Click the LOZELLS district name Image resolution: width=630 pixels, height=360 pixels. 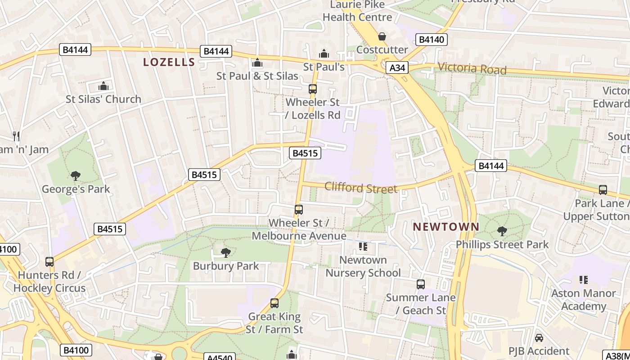coord(169,62)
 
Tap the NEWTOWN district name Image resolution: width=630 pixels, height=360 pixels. coord(446,227)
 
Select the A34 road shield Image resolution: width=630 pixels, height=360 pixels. coord(397,68)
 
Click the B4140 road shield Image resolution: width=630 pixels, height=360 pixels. coord(432,40)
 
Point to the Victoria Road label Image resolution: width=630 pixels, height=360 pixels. coord(472,68)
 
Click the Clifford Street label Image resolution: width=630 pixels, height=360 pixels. coord(361,187)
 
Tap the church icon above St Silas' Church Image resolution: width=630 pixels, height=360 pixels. coord(103,85)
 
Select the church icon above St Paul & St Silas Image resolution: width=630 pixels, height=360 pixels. coord(257,63)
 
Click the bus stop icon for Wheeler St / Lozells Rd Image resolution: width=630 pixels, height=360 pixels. coord(313,89)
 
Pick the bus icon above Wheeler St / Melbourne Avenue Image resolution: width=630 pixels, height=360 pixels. coord(299,209)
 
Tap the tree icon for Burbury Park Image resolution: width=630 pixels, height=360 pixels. coord(226,252)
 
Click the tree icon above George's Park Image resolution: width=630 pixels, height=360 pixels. coord(76,175)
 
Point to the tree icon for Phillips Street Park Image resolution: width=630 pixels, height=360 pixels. coord(502,231)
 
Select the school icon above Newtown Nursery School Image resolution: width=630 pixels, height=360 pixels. coord(363,246)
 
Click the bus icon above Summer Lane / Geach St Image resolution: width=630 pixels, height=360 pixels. coord(421,284)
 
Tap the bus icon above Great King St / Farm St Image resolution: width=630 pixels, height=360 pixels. coord(274,303)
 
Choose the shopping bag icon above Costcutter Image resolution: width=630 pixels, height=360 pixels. coord(382,36)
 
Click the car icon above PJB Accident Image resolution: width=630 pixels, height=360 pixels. coord(539,337)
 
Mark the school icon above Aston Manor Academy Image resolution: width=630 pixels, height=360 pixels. coord(584,280)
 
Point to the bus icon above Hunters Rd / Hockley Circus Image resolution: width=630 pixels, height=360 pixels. coord(49,261)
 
